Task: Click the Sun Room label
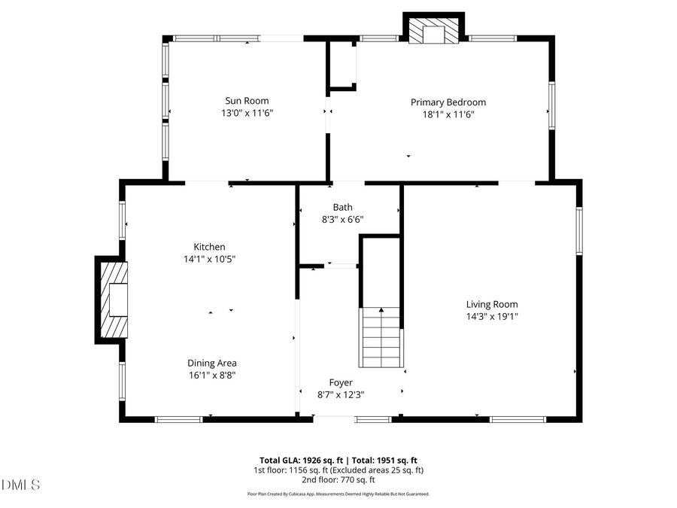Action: point(247,101)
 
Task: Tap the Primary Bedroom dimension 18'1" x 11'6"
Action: point(448,115)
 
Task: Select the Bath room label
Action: point(342,207)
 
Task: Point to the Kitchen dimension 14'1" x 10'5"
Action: point(209,260)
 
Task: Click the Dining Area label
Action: point(211,363)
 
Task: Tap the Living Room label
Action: point(492,304)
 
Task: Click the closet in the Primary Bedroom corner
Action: point(343,65)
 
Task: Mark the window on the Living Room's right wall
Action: point(579,230)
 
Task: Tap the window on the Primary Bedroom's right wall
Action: point(551,106)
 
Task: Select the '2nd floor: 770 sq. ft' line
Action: point(339,479)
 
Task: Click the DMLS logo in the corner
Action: point(21,485)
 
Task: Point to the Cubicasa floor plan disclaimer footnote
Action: point(338,494)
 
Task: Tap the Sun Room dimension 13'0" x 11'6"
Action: point(247,114)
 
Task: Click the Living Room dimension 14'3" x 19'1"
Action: point(492,317)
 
